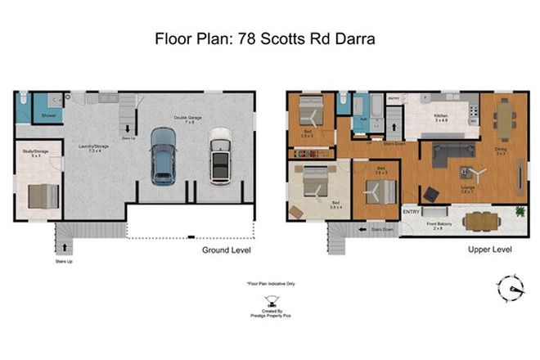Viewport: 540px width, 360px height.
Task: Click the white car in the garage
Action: [218, 155]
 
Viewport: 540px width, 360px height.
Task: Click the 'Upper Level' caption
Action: [489, 249]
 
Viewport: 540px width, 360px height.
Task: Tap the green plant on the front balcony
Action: [519, 213]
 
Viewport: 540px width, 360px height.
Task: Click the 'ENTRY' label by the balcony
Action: [412, 213]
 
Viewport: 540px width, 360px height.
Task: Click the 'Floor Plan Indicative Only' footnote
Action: [269, 284]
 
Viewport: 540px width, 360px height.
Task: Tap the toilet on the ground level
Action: [25, 99]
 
